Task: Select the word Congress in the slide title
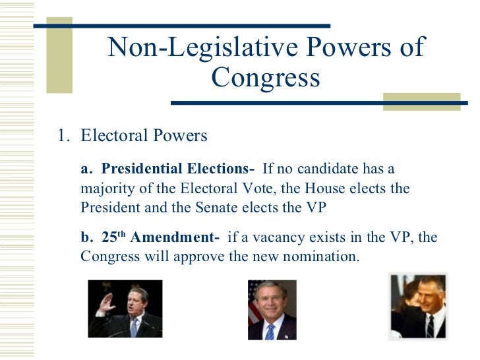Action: pyautogui.click(x=265, y=78)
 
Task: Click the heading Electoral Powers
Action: pyautogui.click(x=144, y=136)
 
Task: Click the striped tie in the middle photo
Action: pyautogui.click(x=270, y=330)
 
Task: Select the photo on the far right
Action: pyautogui.click(x=419, y=307)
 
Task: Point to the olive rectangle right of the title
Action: pyautogui.click(x=421, y=101)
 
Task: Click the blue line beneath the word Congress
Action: pyautogui.click(x=277, y=103)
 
